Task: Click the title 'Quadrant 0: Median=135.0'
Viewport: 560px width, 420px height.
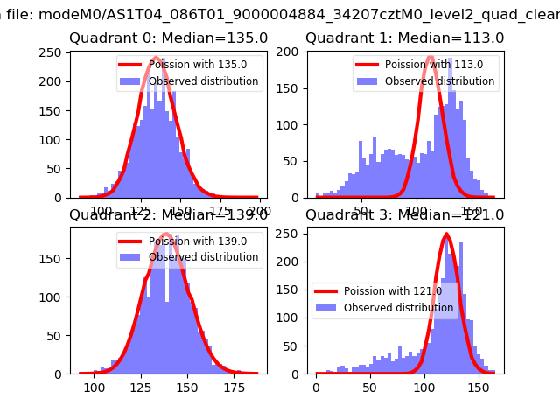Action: (x=168, y=38)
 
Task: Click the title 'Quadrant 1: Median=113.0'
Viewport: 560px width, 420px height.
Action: (x=404, y=38)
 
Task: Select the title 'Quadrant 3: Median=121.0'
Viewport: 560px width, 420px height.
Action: (x=404, y=215)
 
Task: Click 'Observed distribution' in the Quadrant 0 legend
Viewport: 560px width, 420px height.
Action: (x=203, y=81)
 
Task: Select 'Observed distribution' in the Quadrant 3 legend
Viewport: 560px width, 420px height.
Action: (x=398, y=308)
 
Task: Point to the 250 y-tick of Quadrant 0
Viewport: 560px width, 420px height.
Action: (x=54, y=52)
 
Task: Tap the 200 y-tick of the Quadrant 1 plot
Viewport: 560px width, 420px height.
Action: (x=290, y=52)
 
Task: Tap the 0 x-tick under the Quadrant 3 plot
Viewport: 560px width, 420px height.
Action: (x=316, y=388)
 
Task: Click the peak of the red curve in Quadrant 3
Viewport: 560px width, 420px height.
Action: (x=446, y=234)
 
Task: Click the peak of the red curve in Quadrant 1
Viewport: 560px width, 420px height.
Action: (x=430, y=58)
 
